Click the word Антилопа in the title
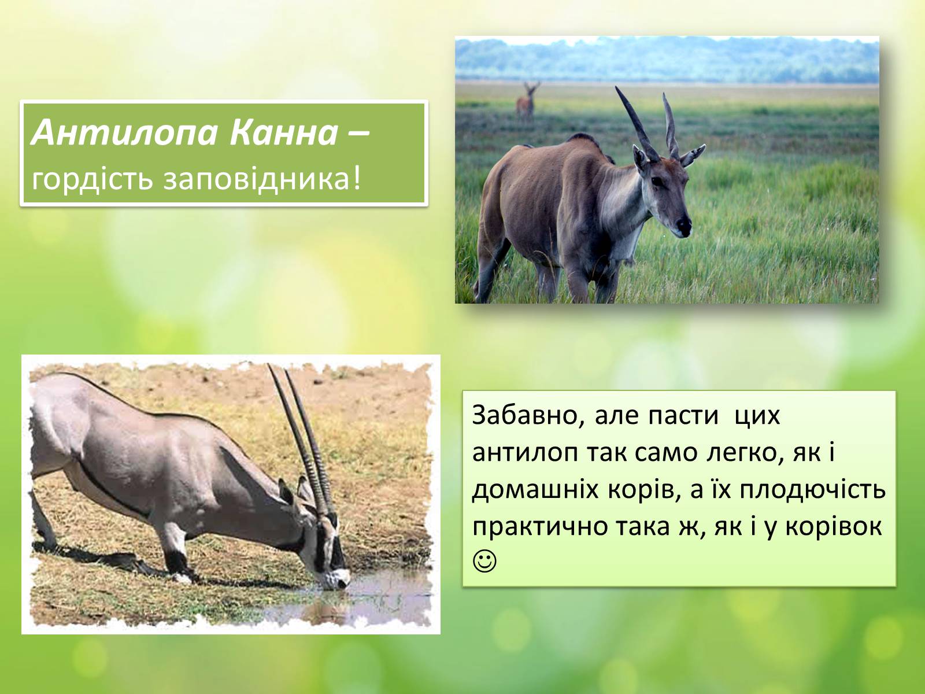point(124,133)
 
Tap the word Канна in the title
point(284,133)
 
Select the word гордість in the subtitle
point(92,179)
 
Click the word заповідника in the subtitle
point(262,179)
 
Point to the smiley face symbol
point(484,561)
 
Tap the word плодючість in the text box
point(813,490)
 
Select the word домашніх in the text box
point(535,490)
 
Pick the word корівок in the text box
point(832,527)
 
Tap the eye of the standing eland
point(657,181)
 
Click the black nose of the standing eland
point(684,227)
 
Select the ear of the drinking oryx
point(286,492)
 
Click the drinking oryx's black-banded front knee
point(176,560)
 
